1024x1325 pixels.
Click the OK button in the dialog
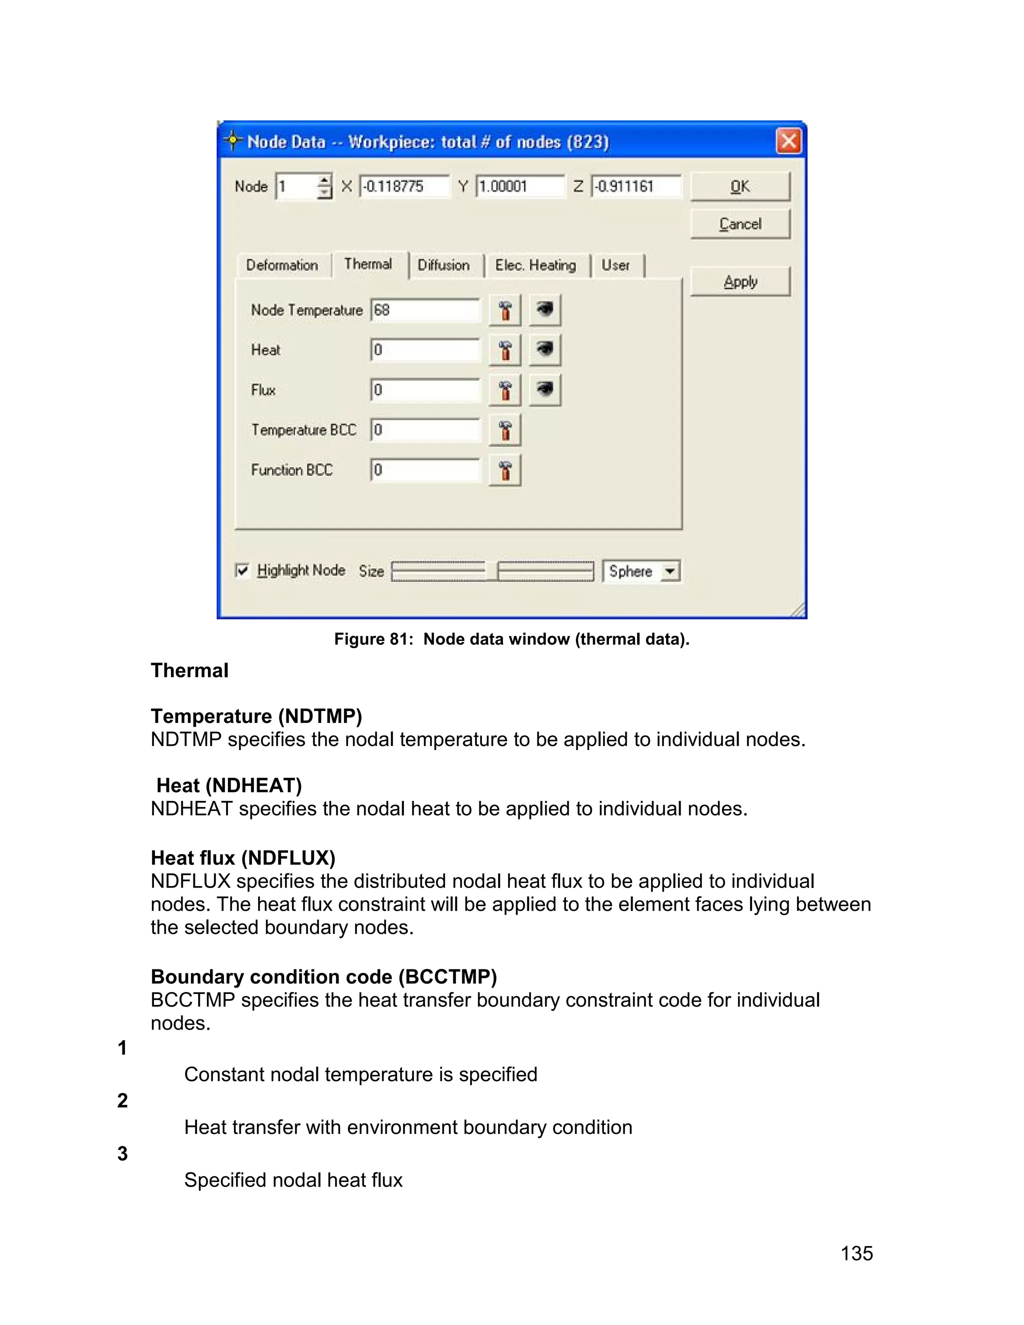tap(739, 186)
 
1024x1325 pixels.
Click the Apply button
tap(739, 281)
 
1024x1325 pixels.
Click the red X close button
tap(788, 141)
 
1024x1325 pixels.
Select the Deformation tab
tap(282, 265)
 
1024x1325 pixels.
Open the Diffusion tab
tap(443, 265)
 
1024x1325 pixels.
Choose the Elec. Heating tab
tap(535, 265)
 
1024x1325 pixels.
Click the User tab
tap(615, 265)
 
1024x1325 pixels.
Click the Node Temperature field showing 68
tap(424, 310)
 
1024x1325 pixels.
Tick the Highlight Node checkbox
tap(242, 570)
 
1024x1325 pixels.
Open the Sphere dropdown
tap(669, 571)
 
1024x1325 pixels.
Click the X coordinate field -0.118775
tap(403, 186)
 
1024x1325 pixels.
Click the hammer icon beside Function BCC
tap(504, 470)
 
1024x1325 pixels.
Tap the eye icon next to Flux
tap(545, 389)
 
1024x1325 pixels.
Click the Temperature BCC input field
tap(424, 430)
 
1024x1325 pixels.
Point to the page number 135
tap(856, 1253)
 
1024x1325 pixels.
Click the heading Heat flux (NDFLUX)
tap(242, 858)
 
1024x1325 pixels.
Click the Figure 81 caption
tap(511, 639)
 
